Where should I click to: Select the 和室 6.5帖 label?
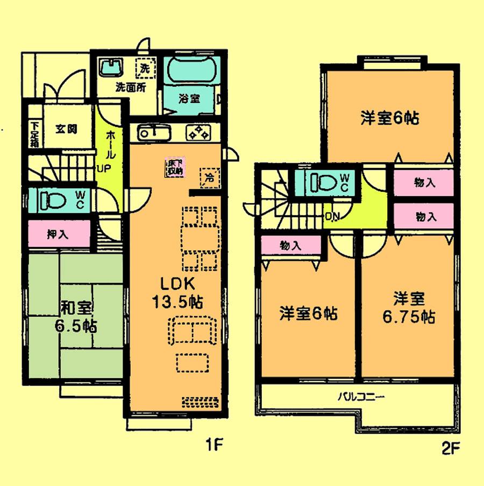pos(75,317)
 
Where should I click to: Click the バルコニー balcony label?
pos(361,398)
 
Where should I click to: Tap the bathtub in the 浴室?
pos(190,72)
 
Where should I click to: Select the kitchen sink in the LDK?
pos(154,132)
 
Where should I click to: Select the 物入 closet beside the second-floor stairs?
pos(290,246)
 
